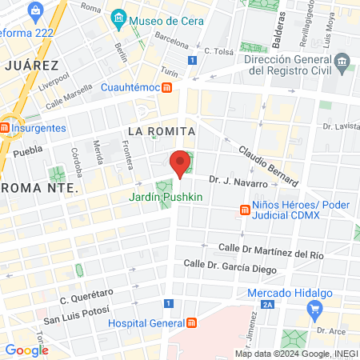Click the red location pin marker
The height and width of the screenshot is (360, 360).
tap(181, 162)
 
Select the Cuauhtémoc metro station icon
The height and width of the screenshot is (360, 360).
tap(166, 87)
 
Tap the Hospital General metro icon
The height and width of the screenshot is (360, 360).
tap(192, 323)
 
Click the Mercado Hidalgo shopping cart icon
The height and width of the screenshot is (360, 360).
tap(316, 308)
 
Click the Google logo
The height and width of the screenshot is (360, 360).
tap(26, 350)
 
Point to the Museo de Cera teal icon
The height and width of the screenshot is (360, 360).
tap(118, 18)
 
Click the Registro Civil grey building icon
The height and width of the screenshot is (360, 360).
tap(342, 62)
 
